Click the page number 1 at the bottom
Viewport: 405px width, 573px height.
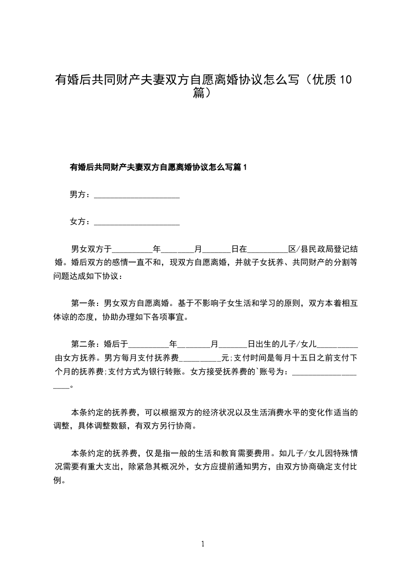pyautogui.click(x=203, y=544)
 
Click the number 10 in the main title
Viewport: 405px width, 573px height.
pyautogui.click(x=345, y=80)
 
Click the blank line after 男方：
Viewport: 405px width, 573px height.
pyautogui.click(x=137, y=196)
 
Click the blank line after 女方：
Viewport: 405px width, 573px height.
pyautogui.click(x=137, y=223)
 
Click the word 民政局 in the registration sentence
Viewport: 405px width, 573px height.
pyautogui.click(x=322, y=249)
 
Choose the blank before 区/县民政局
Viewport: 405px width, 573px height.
pyautogui.click(x=268, y=251)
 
